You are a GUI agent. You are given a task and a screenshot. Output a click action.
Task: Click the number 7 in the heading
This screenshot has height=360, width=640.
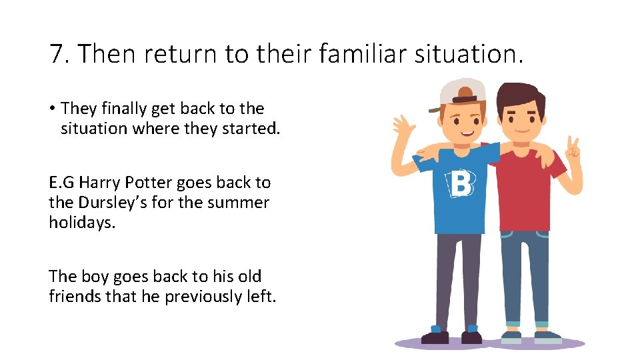[x=56, y=54]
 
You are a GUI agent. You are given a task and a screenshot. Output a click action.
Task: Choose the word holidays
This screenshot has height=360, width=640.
[x=82, y=222]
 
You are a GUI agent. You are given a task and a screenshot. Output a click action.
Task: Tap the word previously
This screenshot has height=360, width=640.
[x=197, y=296]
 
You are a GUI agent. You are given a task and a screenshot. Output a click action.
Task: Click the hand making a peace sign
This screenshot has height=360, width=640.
[x=571, y=148]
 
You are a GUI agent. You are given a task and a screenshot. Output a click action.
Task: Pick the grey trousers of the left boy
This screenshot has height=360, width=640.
[x=458, y=280]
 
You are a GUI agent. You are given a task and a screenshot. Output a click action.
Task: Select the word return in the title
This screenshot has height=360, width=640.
[x=177, y=54]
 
